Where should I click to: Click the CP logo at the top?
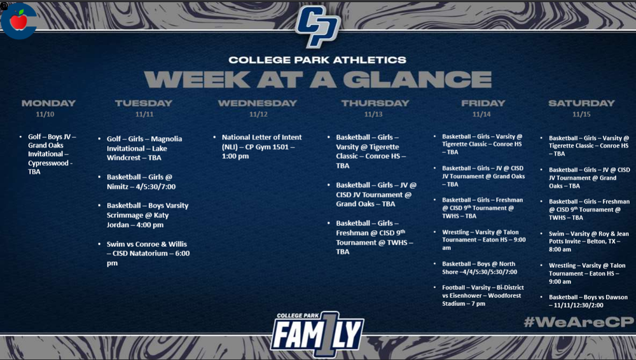coord(318,26)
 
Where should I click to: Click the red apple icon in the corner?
coord(19,20)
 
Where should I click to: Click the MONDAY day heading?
coord(48,103)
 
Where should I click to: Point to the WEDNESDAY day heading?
coord(258,103)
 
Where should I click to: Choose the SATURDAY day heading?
coord(581,103)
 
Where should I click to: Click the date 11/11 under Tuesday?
coord(144,114)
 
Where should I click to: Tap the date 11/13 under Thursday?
coord(373,114)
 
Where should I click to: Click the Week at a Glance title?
coord(317,79)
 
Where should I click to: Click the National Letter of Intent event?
coord(261,146)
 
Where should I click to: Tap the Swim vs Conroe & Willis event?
coord(148,253)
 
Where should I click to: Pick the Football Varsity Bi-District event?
coord(483,295)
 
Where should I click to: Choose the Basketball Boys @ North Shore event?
coord(480,267)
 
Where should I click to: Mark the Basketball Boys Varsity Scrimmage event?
coord(148,215)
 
